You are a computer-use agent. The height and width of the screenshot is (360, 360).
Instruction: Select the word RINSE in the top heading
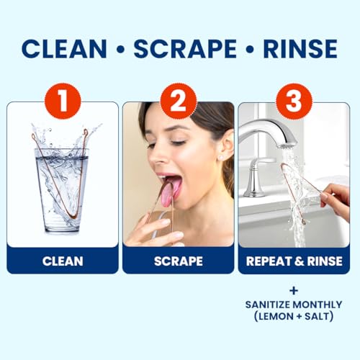(x=301, y=48)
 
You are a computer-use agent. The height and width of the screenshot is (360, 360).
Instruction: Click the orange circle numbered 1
(x=63, y=100)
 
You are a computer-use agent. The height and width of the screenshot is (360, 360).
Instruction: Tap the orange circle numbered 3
(x=294, y=100)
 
